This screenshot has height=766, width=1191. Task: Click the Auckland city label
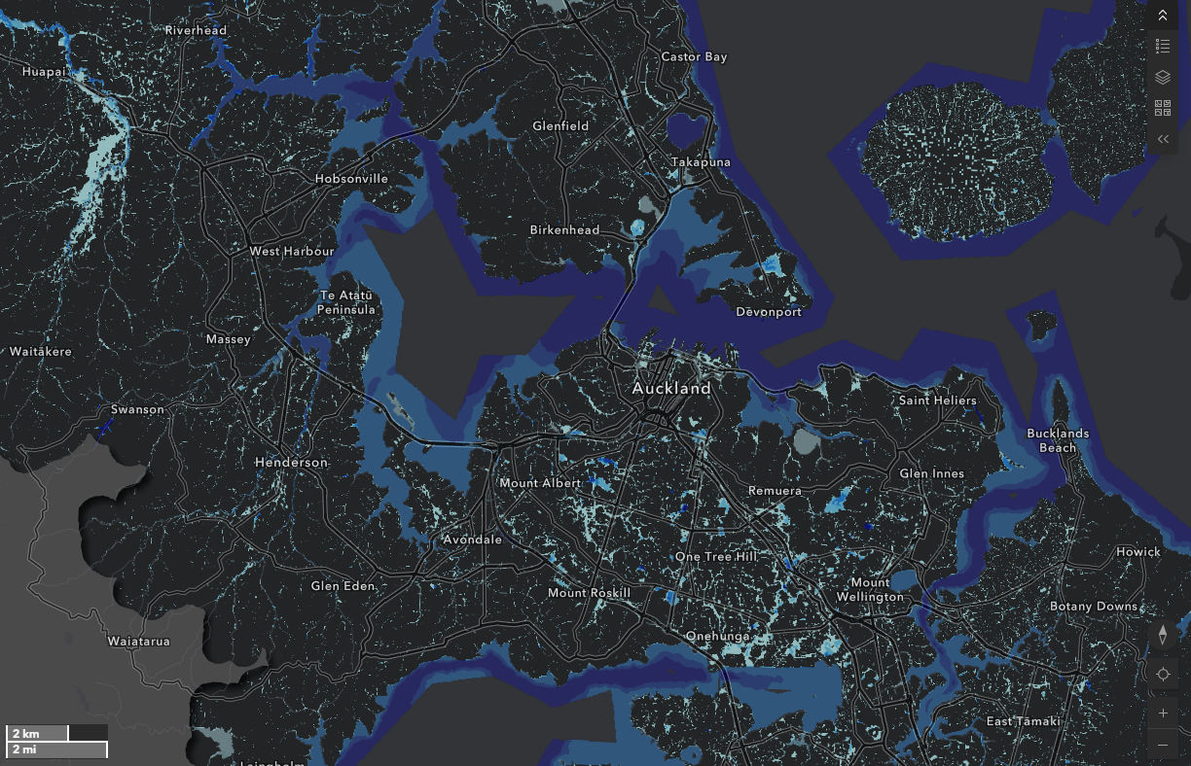coord(671,388)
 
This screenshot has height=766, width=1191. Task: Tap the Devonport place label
coord(770,312)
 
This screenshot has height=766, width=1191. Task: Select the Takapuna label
coord(701,162)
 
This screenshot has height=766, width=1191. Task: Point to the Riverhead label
coord(196,30)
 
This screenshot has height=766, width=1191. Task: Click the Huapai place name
coord(44,71)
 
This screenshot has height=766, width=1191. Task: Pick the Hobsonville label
coord(351,179)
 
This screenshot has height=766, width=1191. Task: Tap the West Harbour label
coord(292,251)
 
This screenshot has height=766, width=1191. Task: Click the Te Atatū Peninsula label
coord(346,302)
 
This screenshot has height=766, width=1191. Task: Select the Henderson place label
coord(291,462)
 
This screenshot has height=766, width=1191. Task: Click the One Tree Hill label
coord(716,556)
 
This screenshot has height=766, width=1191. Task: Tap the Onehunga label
coord(718,636)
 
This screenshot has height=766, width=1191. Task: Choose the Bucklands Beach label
coord(1058,440)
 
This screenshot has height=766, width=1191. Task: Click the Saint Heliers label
coord(937,400)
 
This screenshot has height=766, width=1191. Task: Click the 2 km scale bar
coord(38,733)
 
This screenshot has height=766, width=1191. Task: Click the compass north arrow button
coord(1163,635)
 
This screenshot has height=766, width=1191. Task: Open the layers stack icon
coord(1163,77)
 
